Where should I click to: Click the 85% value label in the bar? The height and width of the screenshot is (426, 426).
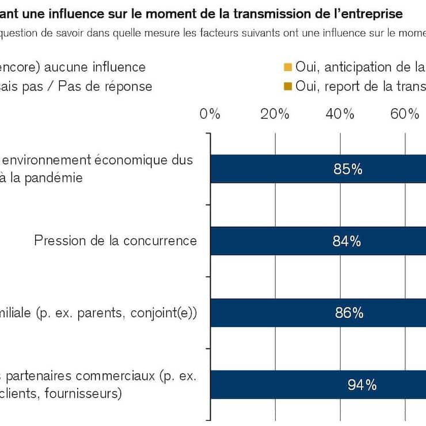point(348,169)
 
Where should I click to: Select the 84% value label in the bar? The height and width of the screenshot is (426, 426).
point(347,241)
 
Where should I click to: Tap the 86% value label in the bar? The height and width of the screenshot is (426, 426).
point(349,313)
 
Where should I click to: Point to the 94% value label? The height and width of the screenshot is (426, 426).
point(362,385)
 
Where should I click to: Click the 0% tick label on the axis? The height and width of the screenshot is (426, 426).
point(210,113)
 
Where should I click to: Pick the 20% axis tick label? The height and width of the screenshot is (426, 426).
point(275,113)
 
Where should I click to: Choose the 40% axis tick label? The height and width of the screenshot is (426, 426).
point(340,113)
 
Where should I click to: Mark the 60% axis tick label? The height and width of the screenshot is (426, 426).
point(404,113)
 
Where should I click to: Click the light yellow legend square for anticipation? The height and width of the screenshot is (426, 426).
point(288,67)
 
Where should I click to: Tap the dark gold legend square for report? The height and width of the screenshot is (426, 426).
point(288,86)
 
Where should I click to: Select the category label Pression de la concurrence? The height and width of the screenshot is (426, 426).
point(115,241)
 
